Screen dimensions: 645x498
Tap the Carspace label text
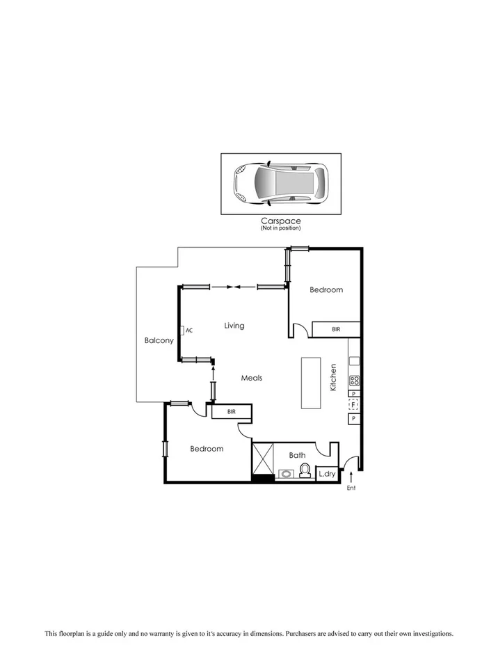281,221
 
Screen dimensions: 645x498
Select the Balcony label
159,340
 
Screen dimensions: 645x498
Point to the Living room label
234,326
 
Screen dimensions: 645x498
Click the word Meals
251,378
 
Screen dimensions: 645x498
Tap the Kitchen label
334,376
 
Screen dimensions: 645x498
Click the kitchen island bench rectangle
311,383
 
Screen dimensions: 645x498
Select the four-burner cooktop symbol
354,381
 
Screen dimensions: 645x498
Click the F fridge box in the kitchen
353,405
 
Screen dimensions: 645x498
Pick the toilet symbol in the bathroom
304,472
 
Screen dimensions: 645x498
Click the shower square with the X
263,459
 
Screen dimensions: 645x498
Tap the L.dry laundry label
326,475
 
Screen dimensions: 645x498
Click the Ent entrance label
351,488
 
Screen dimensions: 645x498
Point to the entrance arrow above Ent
351,477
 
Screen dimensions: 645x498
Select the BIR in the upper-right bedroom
336,329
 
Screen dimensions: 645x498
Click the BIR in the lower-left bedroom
232,412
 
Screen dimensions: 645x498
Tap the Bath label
297,455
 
